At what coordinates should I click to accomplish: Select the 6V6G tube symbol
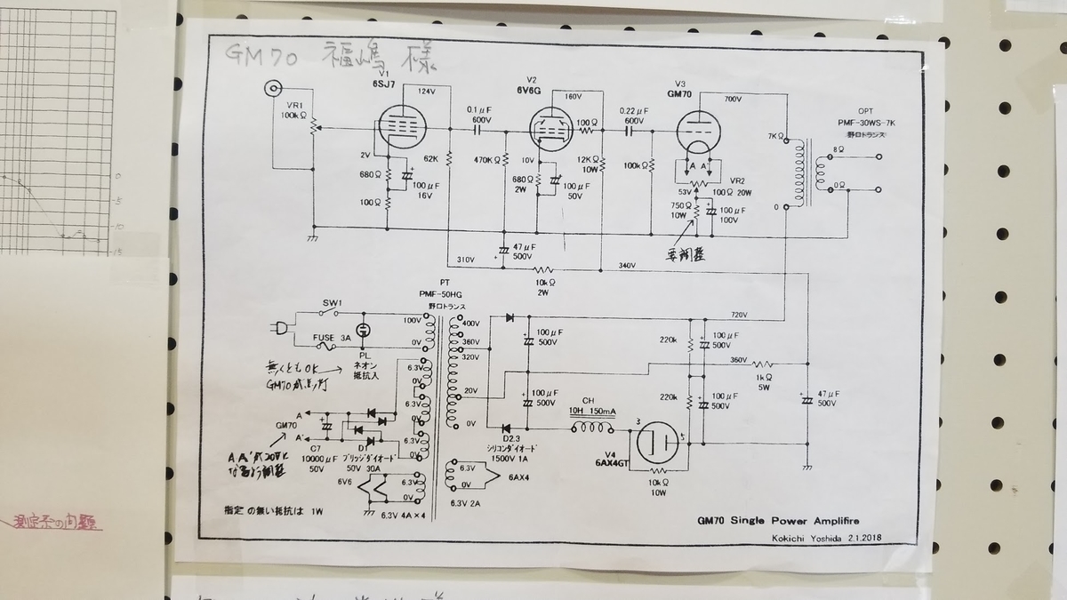click(x=552, y=130)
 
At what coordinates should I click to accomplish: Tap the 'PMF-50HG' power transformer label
click(x=445, y=294)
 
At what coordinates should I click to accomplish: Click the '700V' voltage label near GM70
click(x=733, y=99)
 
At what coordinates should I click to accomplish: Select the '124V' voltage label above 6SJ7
click(x=426, y=92)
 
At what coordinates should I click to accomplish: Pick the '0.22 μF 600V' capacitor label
click(x=632, y=115)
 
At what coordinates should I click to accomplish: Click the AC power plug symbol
click(x=282, y=327)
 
